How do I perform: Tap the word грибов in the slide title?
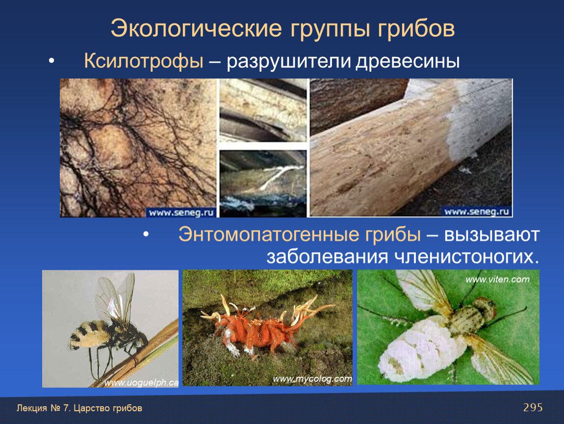[416, 29]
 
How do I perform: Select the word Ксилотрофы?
[144, 60]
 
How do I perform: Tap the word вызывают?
[492, 235]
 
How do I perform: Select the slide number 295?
[533, 407]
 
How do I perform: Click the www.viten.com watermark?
[497, 279]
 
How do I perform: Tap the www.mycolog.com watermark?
[312, 379]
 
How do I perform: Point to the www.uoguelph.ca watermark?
[141, 383]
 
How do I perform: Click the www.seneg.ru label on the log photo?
[477, 212]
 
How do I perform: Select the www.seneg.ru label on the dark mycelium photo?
[181, 212]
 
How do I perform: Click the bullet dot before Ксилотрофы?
[51, 61]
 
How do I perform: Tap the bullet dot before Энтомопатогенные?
[146, 234]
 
